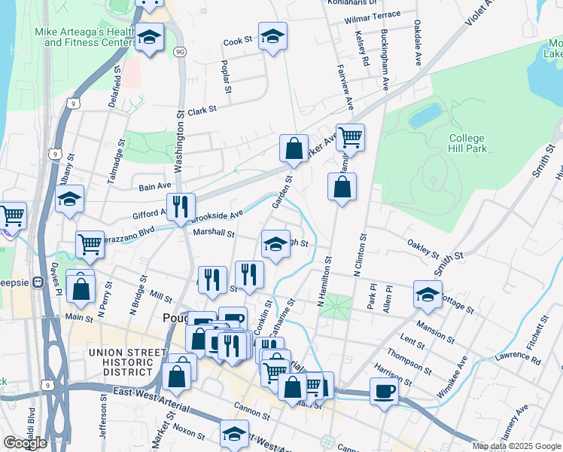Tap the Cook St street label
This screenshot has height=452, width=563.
[237, 41]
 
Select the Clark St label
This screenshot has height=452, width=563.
[202, 110]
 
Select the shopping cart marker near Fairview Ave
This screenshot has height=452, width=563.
[350, 137]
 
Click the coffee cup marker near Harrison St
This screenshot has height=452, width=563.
[384, 391]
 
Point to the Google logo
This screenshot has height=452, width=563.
[25, 443]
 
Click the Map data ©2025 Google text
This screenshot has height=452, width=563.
[516, 446]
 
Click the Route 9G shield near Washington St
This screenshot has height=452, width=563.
[179, 51]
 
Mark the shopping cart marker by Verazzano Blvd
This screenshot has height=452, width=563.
[90, 243]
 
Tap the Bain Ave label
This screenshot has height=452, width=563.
[156, 185]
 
